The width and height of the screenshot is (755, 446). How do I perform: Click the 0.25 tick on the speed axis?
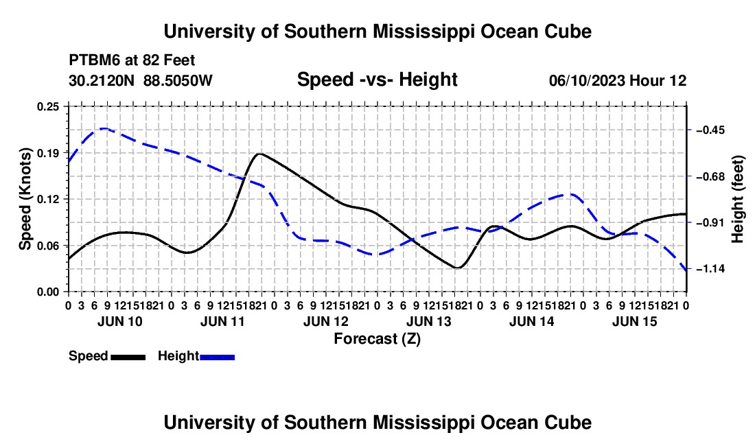(47, 106)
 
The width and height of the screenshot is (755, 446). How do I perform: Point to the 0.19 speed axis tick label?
(47, 153)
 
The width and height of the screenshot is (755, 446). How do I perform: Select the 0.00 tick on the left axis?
(47, 292)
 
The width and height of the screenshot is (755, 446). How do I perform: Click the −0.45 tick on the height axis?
(710, 130)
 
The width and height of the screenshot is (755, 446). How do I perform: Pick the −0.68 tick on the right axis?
(710, 176)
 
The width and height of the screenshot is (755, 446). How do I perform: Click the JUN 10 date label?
(120, 321)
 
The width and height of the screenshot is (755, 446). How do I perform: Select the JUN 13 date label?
(429, 321)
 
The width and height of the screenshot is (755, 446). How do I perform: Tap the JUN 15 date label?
(635, 321)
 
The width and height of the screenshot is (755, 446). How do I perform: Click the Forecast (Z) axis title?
(377, 339)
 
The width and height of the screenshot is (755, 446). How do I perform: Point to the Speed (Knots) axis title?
(25, 199)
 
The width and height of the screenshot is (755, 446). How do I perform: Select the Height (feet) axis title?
(737, 199)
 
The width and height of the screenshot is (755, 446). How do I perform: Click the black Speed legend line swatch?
(128, 357)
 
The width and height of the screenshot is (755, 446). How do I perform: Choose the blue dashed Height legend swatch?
(217, 357)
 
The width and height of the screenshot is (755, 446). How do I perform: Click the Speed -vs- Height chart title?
(377, 80)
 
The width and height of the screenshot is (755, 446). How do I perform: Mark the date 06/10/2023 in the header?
(587, 80)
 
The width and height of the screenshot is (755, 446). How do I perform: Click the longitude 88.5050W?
(178, 80)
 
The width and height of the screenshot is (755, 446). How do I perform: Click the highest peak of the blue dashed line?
(104, 128)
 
